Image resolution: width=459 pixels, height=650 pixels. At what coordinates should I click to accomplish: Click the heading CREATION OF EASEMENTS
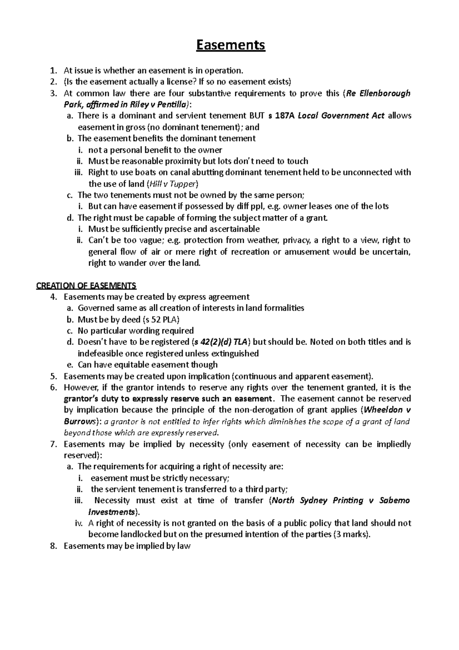(x=86, y=286)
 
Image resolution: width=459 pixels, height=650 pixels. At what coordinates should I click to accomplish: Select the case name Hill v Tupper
(x=173, y=184)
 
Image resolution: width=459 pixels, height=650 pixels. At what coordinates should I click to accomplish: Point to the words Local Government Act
(x=341, y=116)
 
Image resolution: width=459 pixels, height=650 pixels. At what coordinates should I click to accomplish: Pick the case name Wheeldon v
(x=387, y=410)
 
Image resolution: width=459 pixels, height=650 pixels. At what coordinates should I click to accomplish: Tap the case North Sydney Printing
(x=317, y=500)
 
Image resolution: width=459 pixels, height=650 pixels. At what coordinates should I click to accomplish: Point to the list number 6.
(x=54, y=387)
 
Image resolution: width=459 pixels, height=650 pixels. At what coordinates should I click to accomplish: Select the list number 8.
(x=54, y=546)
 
